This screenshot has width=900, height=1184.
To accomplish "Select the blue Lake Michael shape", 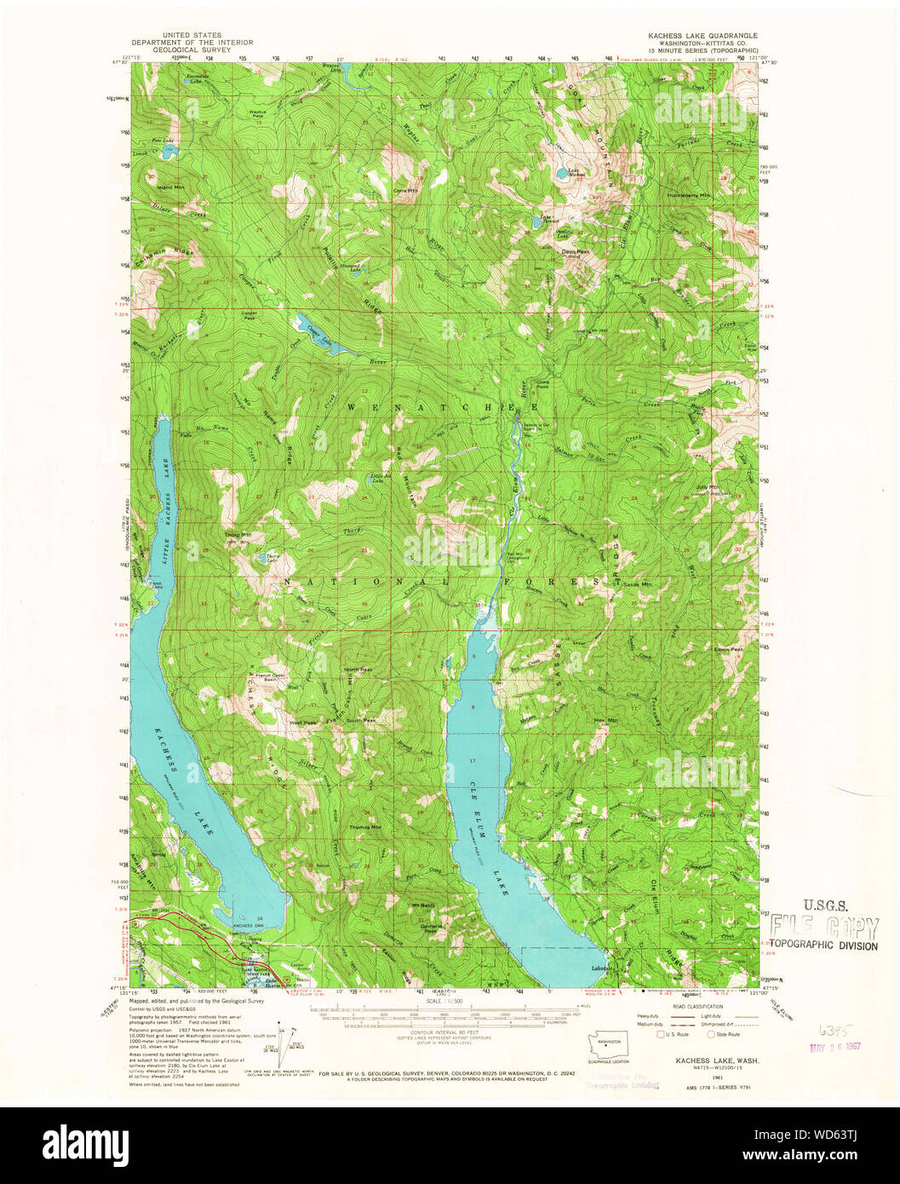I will (x=563, y=175).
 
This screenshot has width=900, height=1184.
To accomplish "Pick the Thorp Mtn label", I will (x=236, y=535).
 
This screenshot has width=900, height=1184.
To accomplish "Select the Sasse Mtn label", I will (x=635, y=584).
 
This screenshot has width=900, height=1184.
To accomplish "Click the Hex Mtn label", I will (x=605, y=721).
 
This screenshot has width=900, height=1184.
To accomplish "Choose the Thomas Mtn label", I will (x=364, y=827).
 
